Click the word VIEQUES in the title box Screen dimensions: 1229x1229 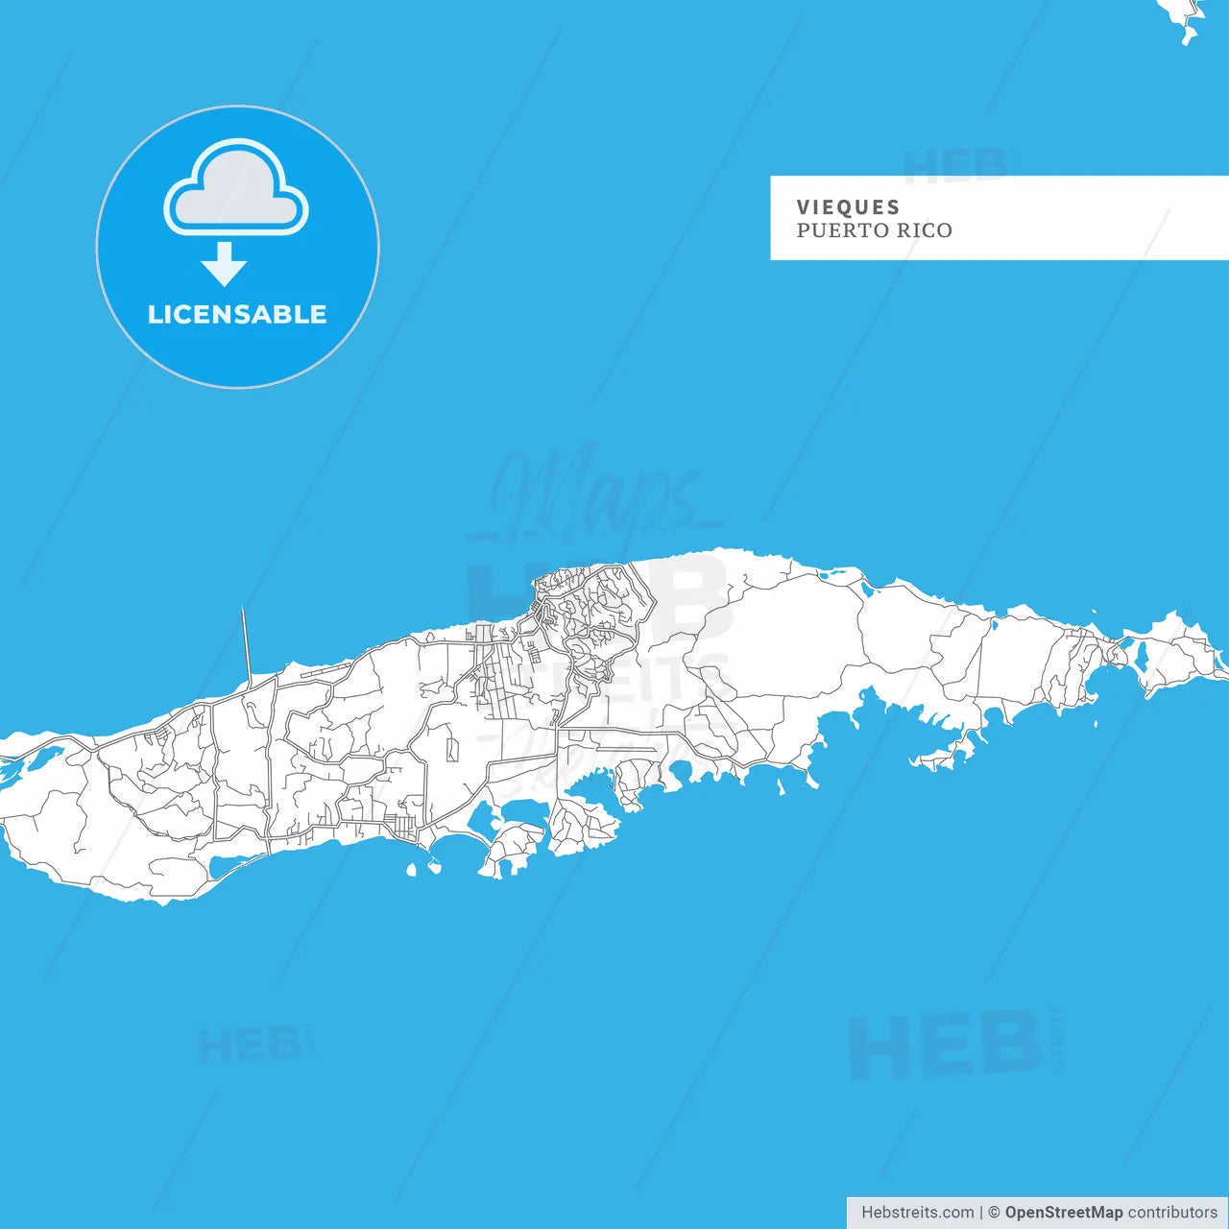click(x=848, y=207)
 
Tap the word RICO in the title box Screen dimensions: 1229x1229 click(x=925, y=230)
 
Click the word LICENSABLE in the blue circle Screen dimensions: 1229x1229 click(x=237, y=314)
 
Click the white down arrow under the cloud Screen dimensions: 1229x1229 click(x=225, y=263)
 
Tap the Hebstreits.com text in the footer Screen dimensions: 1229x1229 click(x=917, y=1213)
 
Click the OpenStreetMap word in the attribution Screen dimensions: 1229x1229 click(x=1064, y=1213)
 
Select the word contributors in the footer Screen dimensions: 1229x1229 click(x=1172, y=1213)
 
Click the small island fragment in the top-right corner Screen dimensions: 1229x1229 click(x=1185, y=16)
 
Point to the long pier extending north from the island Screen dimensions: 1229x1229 click(x=246, y=643)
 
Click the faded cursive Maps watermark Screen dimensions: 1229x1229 click(x=595, y=494)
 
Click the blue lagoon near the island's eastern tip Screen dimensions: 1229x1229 click(x=1142, y=657)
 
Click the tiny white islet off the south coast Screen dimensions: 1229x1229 click(x=411, y=870)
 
